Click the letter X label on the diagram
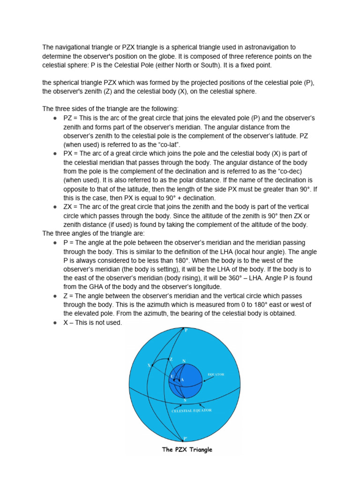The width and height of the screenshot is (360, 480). click(x=149, y=365)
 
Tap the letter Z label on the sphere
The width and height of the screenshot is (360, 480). click(x=171, y=359)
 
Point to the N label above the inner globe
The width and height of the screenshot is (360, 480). click(x=184, y=361)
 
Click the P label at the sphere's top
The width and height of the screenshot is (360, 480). click(x=186, y=330)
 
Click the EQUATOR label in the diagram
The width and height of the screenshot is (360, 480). click(x=216, y=375)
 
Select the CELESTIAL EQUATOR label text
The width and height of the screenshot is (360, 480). click(x=191, y=410)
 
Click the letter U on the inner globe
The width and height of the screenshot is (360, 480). click(x=172, y=376)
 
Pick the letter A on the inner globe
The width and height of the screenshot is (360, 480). click(x=182, y=379)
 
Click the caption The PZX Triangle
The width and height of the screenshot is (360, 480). click(x=187, y=450)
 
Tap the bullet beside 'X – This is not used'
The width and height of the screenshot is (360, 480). click(x=55, y=322)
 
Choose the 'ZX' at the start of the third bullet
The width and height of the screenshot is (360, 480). click(x=68, y=207)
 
